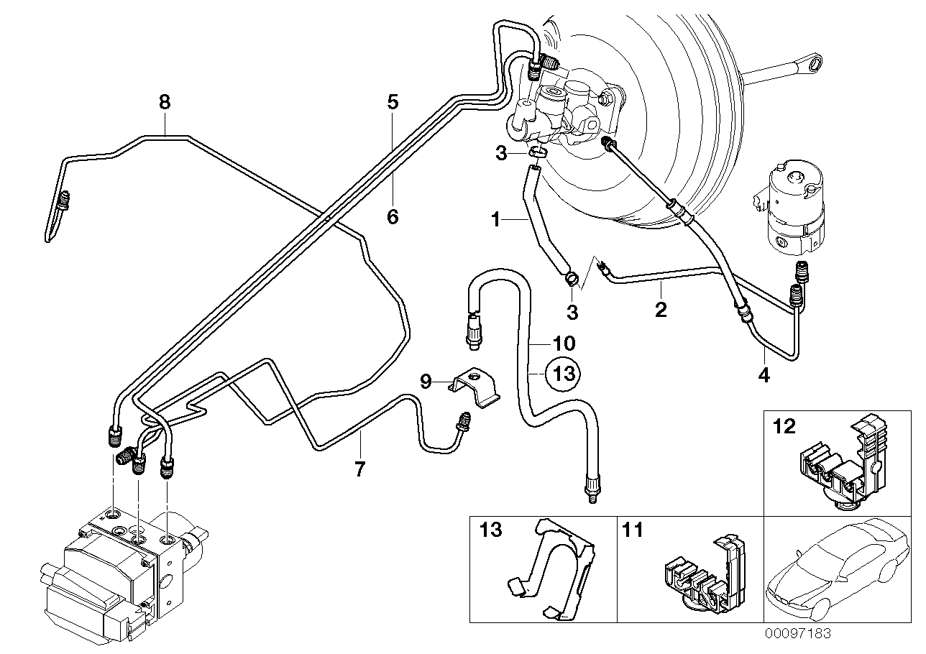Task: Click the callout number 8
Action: (165, 102)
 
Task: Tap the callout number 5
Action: (392, 102)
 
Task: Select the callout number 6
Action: (393, 216)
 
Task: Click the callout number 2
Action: (661, 310)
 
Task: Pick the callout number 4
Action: (764, 374)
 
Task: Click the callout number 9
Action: (425, 381)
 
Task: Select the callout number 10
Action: (564, 344)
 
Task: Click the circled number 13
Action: (564, 373)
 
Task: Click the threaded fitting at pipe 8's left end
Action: (63, 201)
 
